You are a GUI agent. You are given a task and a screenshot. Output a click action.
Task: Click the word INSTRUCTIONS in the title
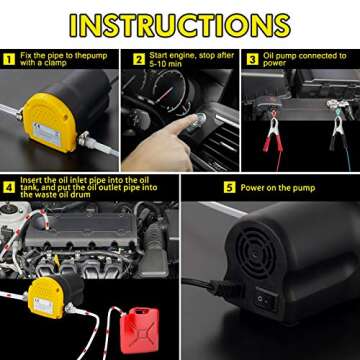pyautogui.click(x=180, y=25)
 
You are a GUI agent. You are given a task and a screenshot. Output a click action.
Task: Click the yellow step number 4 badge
pyautogui.click(x=8, y=186)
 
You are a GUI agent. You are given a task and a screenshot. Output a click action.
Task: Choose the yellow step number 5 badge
pyautogui.click(x=228, y=186)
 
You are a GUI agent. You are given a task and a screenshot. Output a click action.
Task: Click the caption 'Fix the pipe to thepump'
pyautogui.click(x=54, y=62)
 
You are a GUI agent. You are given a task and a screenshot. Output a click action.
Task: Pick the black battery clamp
pyautogui.click(x=335, y=130)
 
